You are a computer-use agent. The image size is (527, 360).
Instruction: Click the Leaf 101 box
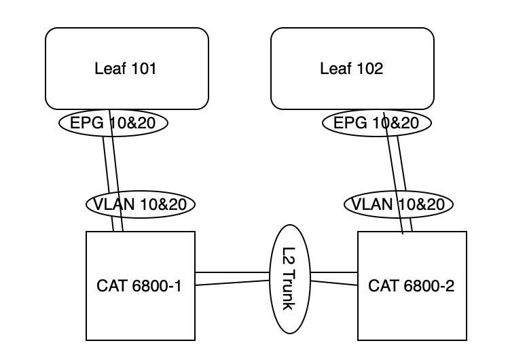126,48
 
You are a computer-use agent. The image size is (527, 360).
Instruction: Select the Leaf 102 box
352,48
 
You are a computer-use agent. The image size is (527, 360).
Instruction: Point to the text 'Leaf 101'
126,69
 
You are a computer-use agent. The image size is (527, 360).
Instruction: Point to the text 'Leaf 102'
352,69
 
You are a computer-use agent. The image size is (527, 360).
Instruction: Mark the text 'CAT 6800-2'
412,286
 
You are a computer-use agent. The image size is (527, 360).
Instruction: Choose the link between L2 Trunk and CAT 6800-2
334,278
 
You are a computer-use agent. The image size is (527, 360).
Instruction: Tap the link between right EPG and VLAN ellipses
396,163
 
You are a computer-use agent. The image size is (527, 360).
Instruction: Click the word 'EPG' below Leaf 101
84,123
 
